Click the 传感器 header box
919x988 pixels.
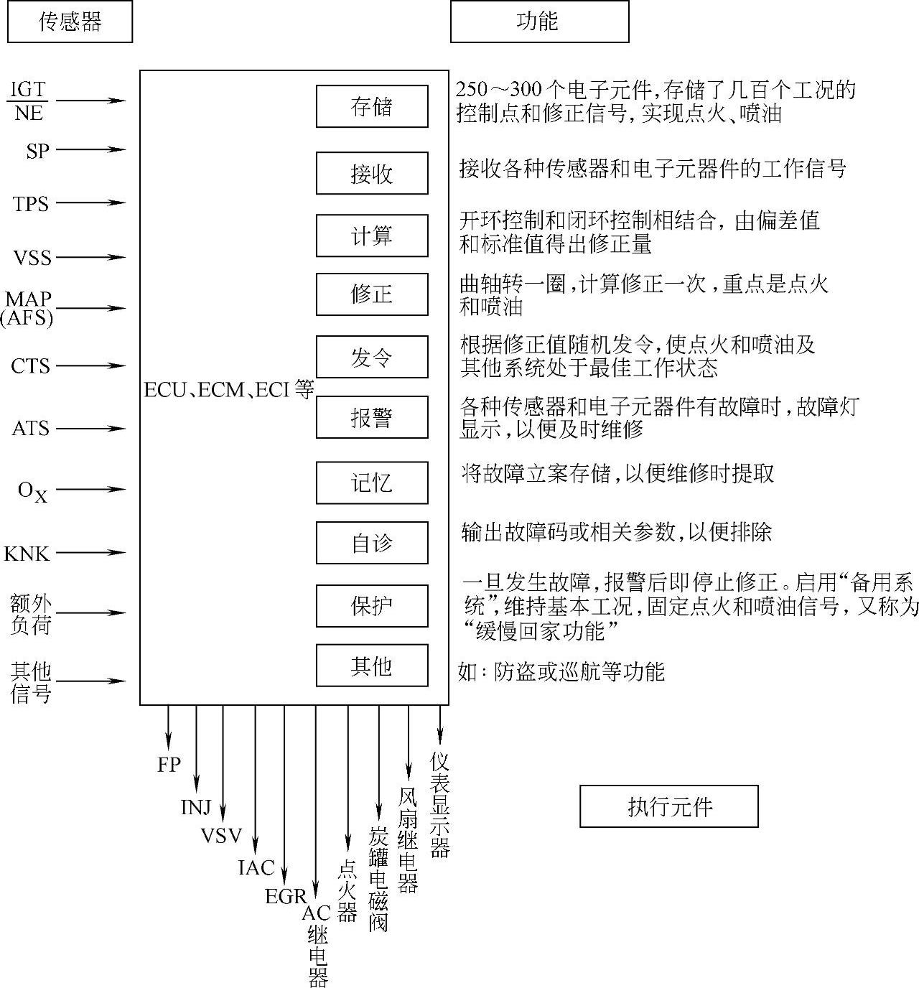pos(70,22)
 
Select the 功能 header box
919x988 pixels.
pos(539,22)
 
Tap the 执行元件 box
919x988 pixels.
pos(668,806)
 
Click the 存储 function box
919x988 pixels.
pos(372,106)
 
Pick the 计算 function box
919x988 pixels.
pos(372,236)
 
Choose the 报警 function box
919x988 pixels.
pos(372,417)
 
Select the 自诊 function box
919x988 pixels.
pos(372,543)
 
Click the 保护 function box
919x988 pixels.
pos(372,606)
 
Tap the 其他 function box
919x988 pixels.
pos(372,666)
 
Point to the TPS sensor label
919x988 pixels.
pos(31,204)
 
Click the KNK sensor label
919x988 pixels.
pos(27,554)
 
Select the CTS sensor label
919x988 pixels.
pos(31,366)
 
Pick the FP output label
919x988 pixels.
pos(169,765)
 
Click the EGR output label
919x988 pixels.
pos(285,896)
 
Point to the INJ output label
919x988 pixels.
pos(196,808)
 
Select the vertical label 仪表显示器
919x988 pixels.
pos(440,804)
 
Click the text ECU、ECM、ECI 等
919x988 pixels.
pos(229,390)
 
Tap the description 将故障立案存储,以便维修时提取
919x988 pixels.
pos(617,473)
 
